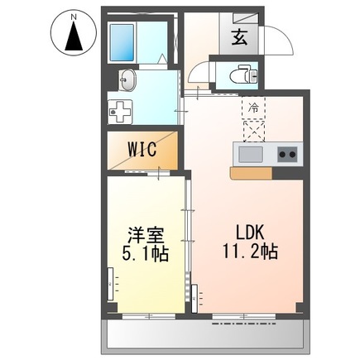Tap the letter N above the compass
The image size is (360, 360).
73,16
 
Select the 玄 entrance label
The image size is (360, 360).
239,36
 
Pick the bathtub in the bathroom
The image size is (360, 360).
123,40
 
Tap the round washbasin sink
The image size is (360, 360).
127,80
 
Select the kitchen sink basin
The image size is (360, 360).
250,153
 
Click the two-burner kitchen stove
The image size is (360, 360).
286,153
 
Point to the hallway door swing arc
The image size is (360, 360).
198,77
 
